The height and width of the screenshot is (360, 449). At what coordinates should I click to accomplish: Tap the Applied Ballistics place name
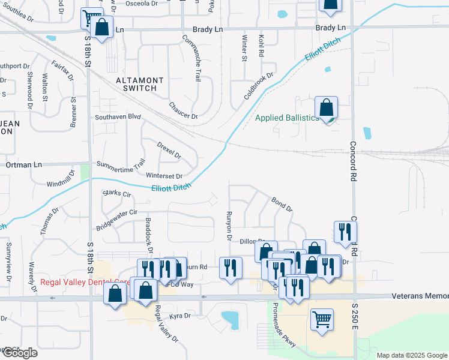click(287, 118)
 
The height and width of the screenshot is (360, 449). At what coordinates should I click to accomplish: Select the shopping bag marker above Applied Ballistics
click(326, 108)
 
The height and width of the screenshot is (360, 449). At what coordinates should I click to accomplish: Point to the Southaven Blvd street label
click(118, 117)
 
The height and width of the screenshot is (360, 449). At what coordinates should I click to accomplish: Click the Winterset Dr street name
click(164, 176)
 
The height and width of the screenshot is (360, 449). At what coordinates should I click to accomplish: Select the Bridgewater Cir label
click(116, 220)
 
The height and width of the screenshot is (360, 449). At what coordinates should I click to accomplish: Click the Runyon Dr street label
click(228, 226)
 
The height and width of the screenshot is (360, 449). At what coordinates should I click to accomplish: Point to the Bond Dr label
click(282, 205)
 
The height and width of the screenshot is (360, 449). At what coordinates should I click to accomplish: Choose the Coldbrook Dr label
click(258, 86)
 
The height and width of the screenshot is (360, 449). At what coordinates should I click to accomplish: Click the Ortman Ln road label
click(24, 164)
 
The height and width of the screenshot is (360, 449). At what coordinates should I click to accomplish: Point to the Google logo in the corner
click(19, 353)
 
